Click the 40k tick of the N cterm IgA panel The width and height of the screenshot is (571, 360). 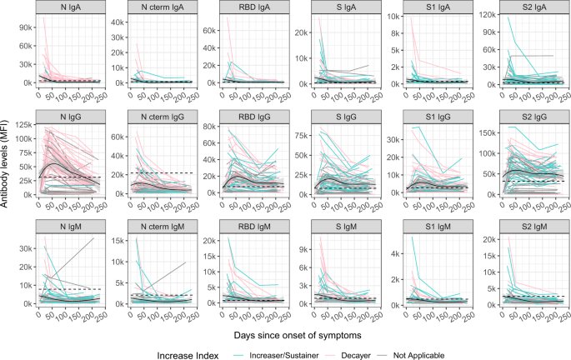tap(116, 32)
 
